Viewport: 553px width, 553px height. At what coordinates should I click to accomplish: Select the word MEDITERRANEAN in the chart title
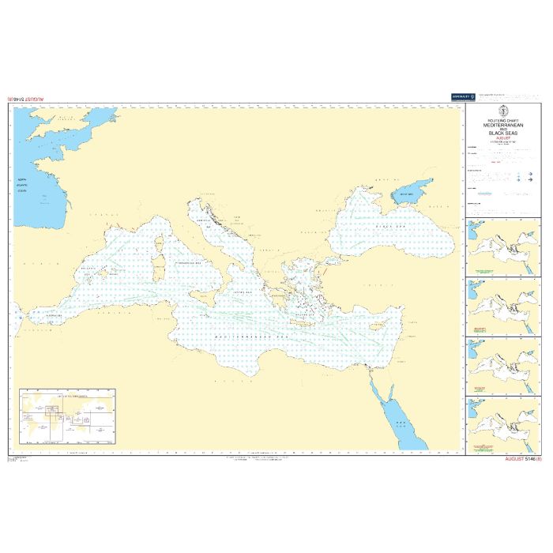pos(502,125)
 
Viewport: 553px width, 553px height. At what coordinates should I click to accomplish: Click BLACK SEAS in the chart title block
pos(502,134)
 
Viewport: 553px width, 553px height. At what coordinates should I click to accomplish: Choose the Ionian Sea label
pos(243,292)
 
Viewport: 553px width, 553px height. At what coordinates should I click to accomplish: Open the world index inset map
pos(68,416)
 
